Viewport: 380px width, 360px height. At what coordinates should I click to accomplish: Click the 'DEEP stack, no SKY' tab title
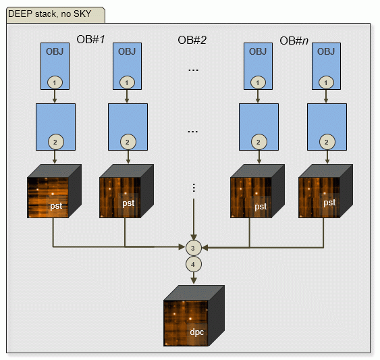point(50,14)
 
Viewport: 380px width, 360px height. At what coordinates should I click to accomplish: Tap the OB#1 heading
point(90,39)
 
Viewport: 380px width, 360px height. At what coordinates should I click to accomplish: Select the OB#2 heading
point(192,40)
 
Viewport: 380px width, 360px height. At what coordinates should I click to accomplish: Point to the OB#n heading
point(294,41)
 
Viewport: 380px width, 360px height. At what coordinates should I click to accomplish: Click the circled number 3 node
point(194,248)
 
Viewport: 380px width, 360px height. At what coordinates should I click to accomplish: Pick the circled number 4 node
point(194,264)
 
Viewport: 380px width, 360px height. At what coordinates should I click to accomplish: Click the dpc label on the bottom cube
point(197,332)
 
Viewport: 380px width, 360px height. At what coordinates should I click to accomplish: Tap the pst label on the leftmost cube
point(56,206)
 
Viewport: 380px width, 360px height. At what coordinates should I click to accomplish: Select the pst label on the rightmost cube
point(329,203)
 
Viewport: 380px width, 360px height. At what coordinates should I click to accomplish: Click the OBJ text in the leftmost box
point(55,51)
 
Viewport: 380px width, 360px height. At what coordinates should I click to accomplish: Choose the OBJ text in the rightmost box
point(326,51)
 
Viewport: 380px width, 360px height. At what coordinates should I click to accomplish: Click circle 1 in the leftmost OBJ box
point(55,82)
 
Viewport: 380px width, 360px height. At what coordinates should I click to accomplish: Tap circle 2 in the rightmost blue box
point(327,142)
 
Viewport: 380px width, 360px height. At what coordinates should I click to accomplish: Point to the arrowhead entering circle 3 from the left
point(182,247)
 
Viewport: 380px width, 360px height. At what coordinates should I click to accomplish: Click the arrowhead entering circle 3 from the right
point(205,248)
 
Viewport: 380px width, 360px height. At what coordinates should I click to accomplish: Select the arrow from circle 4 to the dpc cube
point(194,278)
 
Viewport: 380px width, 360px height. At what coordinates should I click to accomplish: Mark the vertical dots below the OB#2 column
point(194,188)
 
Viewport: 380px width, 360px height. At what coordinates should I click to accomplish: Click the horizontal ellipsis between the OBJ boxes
point(194,70)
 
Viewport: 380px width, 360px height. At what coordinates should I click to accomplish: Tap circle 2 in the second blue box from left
point(128,142)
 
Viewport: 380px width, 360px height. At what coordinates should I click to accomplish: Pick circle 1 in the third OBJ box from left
point(258,82)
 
